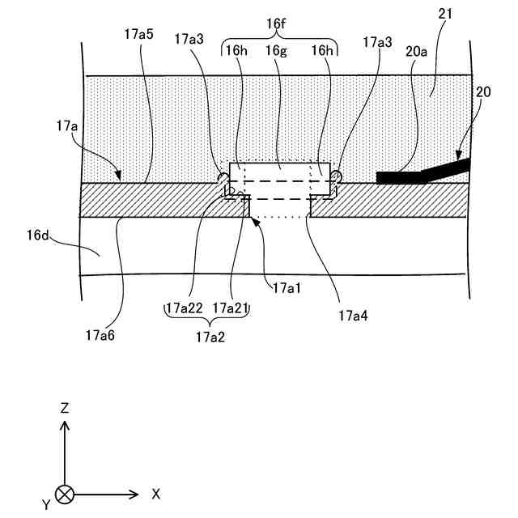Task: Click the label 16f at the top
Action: click(278, 24)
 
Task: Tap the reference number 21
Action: click(445, 15)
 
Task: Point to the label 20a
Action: click(417, 50)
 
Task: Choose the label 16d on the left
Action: click(39, 236)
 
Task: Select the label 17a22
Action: click(185, 308)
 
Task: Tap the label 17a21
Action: click(231, 308)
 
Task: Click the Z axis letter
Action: click(64, 408)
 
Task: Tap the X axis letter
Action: click(155, 493)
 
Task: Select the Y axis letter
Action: click(46, 504)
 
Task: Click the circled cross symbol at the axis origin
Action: click(64, 493)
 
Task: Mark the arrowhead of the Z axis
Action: click(64, 426)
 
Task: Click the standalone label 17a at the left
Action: click(66, 126)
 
